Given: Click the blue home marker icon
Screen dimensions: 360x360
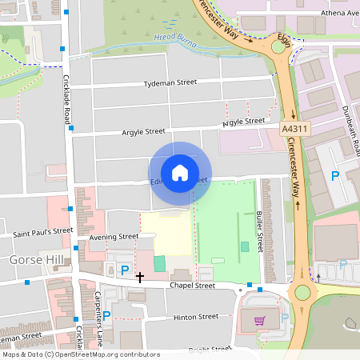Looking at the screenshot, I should pyautogui.click(x=179, y=173).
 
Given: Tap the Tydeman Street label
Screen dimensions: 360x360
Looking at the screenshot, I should pyautogui.click(x=170, y=82).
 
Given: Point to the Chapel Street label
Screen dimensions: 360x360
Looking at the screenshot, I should pyautogui.click(x=192, y=285).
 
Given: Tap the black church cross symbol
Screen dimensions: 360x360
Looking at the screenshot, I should pyautogui.click(x=140, y=277).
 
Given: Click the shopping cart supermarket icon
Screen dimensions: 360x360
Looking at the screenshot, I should pyautogui.click(x=258, y=320).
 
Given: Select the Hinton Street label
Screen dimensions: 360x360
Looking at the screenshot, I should pyautogui.click(x=196, y=317).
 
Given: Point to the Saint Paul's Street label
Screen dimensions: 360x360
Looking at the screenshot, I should pyautogui.click(x=42, y=233).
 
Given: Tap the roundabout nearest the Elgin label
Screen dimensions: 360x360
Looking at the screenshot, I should pyautogui.click(x=278, y=46).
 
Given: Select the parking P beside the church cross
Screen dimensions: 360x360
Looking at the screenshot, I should pyautogui.click(x=124, y=270).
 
